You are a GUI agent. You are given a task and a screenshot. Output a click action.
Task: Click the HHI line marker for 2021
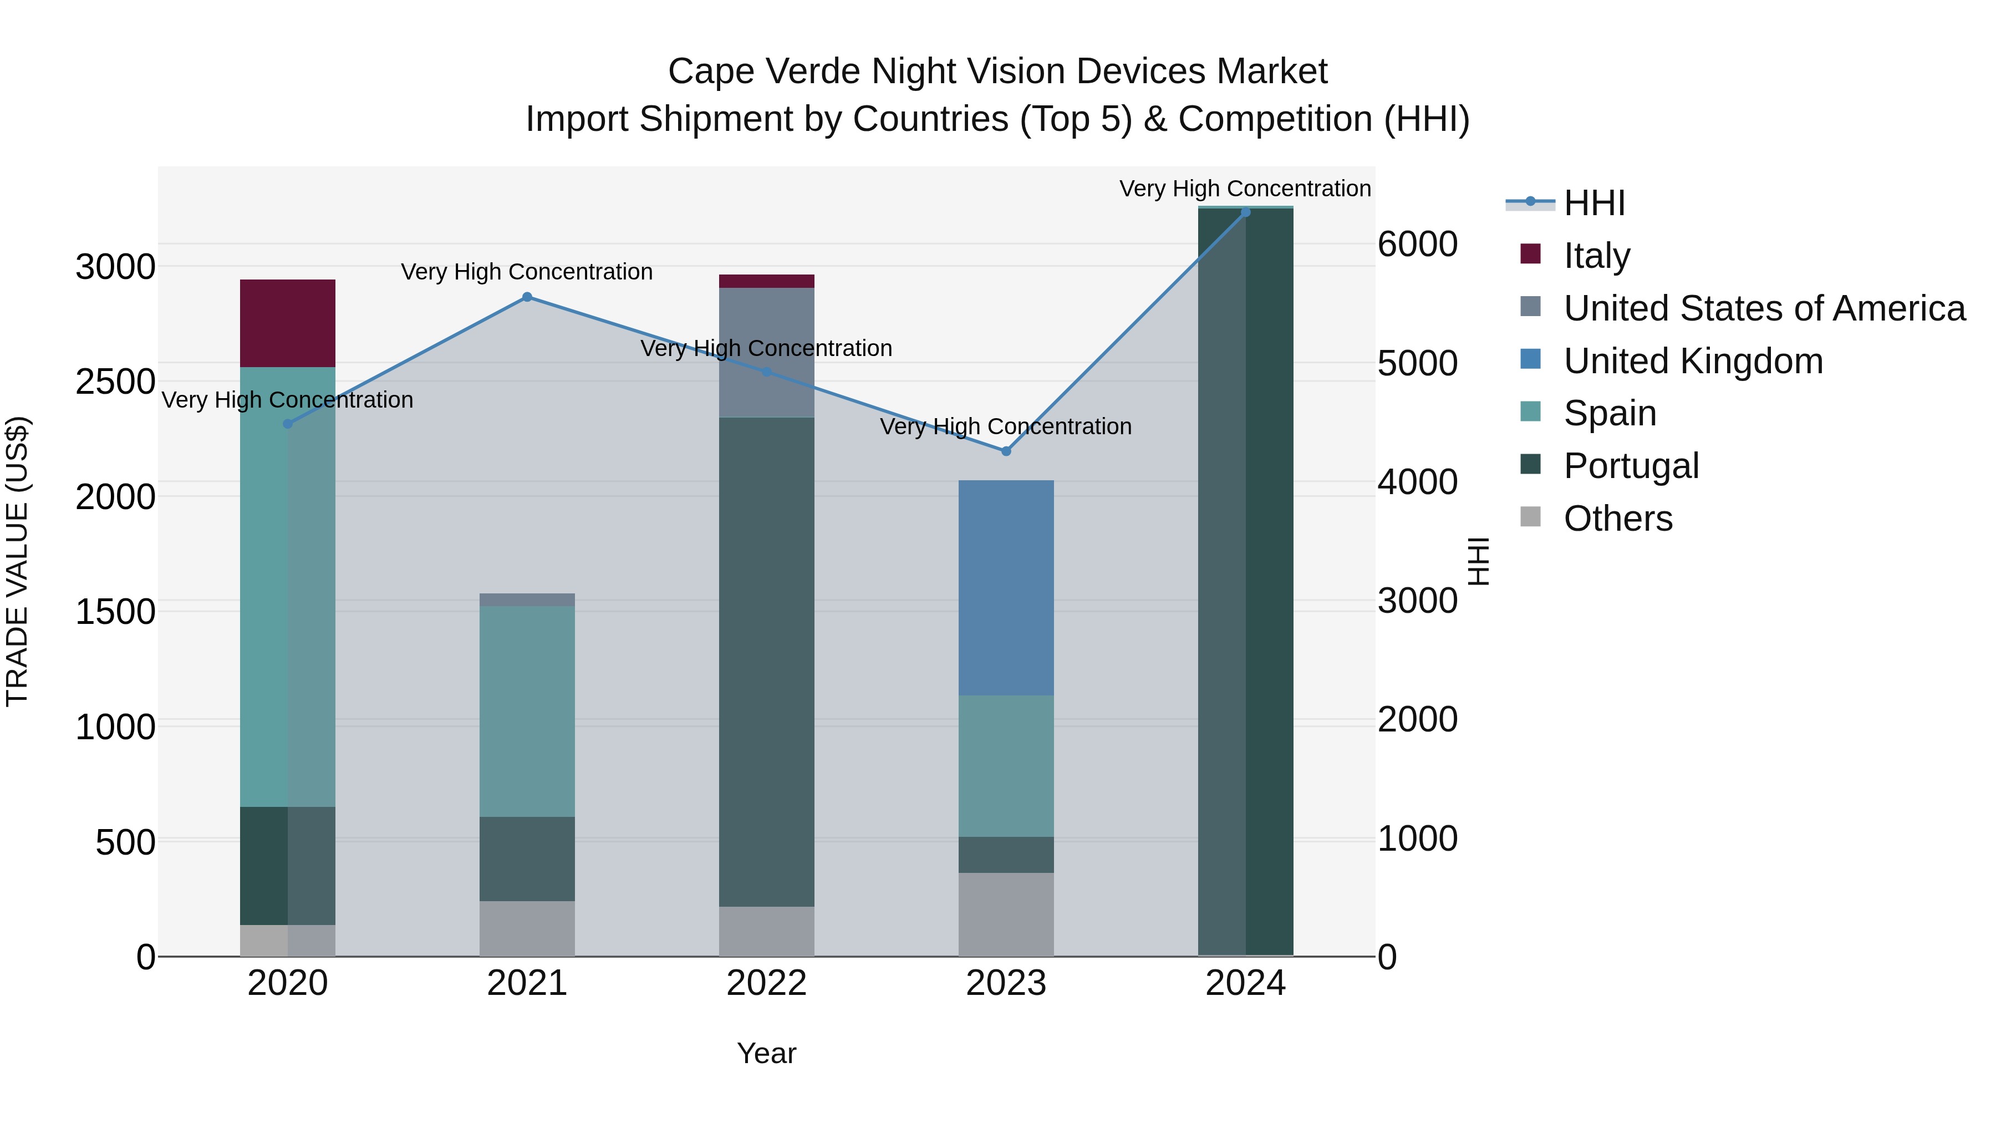pyautogui.click(x=527, y=297)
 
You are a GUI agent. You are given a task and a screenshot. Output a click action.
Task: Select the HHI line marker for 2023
pyautogui.click(x=1006, y=451)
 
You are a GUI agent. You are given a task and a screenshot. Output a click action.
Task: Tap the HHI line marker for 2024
pyautogui.click(x=1245, y=212)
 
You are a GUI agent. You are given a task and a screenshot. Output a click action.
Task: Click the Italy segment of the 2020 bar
pyautogui.click(x=287, y=323)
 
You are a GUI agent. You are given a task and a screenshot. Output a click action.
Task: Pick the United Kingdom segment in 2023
pyautogui.click(x=1006, y=587)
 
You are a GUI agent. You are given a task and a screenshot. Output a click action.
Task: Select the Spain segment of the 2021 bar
pyautogui.click(x=527, y=711)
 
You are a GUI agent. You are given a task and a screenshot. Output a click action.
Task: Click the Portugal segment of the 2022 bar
pyautogui.click(x=766, y=661)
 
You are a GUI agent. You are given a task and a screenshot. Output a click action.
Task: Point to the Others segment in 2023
pyautogui.click(x=1006, y=914)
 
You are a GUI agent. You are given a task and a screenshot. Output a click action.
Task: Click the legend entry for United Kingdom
pyautogui.click(x=1693, y=361)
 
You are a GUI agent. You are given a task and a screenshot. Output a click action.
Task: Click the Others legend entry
pyautogui.click(x=1617, y=519)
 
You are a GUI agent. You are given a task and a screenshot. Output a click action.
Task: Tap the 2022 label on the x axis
pyautogui.click(x=766, y=983)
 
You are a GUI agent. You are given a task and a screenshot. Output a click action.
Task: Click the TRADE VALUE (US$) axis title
pyautogui.click(x=17, y=561)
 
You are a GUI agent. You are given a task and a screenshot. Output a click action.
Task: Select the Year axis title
pyautogui.click(x=766, y=1053)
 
